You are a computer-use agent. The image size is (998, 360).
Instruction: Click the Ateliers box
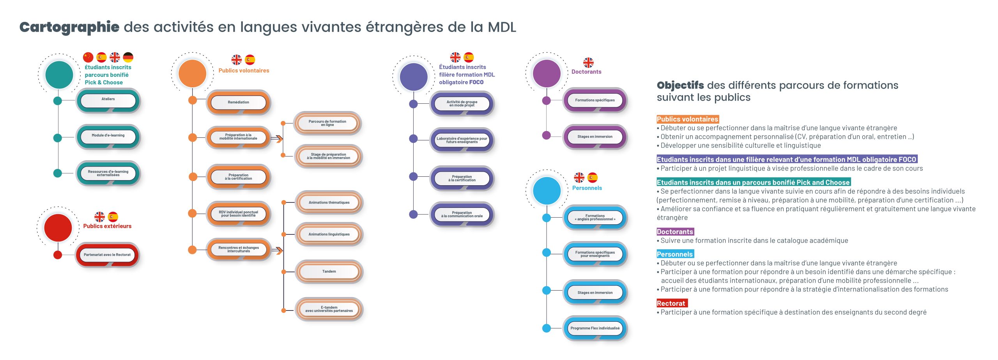(x=108, y=100)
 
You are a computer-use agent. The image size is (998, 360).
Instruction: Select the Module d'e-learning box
(x=108, y=137)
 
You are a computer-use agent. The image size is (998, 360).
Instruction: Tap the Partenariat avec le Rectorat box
(x=107, y=255)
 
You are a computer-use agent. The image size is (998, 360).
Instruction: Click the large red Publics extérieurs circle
(x=58, y=228)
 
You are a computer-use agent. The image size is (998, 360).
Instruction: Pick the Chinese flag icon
(x=88, y=57)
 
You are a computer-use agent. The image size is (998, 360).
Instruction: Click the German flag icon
(x=128, y=57)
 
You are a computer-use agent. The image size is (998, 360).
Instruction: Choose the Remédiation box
(x=238, y=103)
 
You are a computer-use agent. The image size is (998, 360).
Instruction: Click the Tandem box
(x=329, y=271)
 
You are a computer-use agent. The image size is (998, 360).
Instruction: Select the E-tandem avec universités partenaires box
(x=329, y=309)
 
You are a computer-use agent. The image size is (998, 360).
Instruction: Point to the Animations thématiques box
(x=329, y=203)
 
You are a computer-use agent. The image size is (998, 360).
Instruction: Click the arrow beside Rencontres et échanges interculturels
(x=277, y=250)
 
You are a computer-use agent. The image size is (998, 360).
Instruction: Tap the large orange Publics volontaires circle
(x=192, y=73)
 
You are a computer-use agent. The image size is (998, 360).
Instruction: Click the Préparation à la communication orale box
(x=462, y=215)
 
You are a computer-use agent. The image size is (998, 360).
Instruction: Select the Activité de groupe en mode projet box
(x=462, y=104)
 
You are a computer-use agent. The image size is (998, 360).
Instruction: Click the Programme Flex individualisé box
(x=595, y=328)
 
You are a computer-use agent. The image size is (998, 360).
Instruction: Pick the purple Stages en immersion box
(x=595, y=137)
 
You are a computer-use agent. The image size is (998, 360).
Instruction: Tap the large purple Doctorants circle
(x=547, y=73)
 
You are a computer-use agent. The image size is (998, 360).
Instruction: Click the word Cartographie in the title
(x=69, y=27)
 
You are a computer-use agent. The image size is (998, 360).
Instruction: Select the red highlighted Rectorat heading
(x=671, y=303)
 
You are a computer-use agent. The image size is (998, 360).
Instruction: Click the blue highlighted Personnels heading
(x=675, y=254)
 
